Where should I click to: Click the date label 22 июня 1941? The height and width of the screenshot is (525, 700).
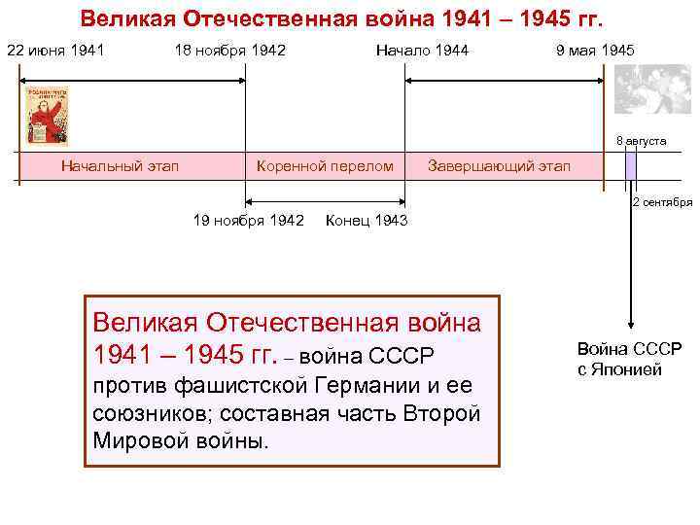tap(55, 50)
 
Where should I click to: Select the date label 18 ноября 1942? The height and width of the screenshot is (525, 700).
tap(229, 50)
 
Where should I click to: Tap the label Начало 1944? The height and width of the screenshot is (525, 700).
tap(422, 50)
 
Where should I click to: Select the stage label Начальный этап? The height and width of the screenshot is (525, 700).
tap(120, 165)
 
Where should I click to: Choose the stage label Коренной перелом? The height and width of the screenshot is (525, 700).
tap(324, 165)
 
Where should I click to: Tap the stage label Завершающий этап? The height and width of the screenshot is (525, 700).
tap(500, 165)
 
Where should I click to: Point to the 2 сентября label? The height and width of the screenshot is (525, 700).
tap(662, 202)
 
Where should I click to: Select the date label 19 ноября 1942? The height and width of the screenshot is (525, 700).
tap(249, 221)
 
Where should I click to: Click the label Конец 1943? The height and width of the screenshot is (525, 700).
tap(367, 221)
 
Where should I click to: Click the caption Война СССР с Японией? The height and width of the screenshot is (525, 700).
tap(629, 359)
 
